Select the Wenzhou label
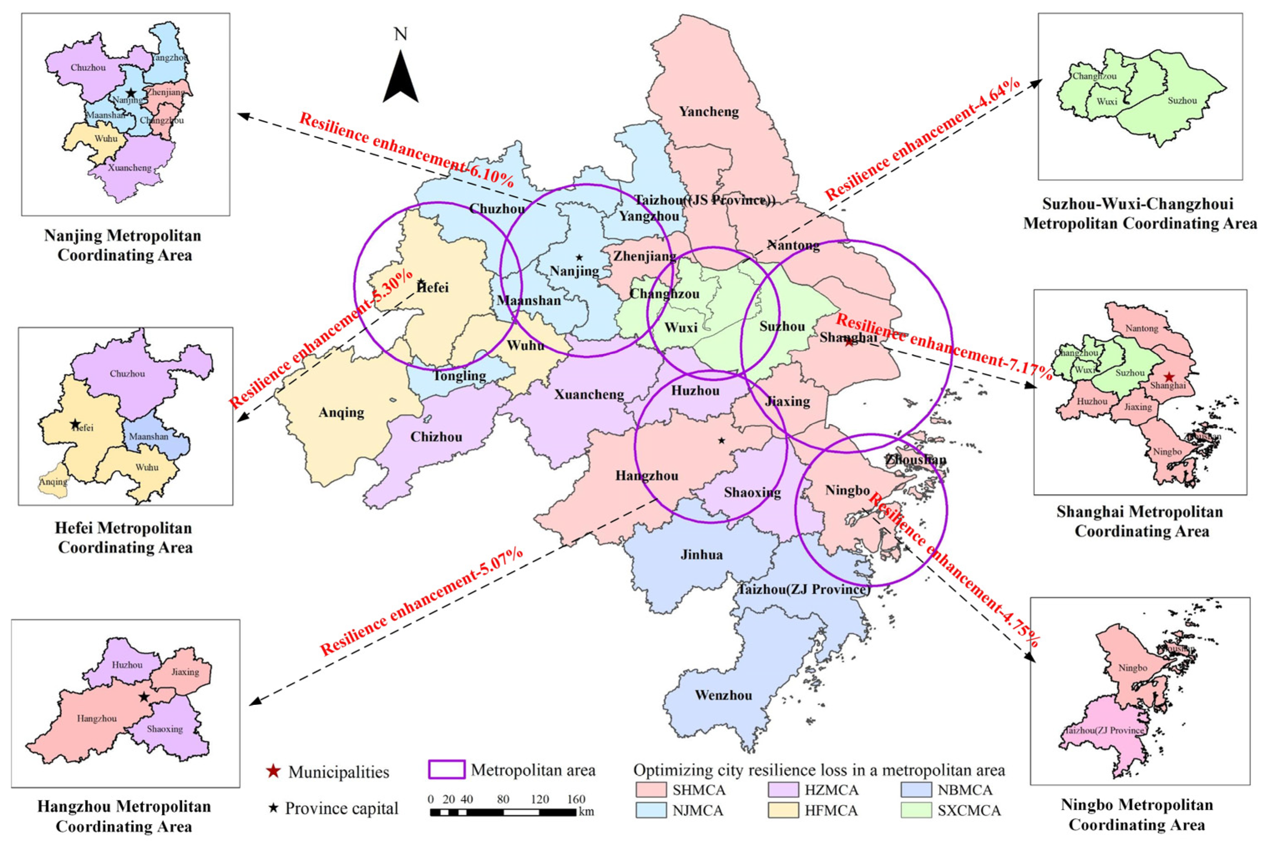coord(723,695)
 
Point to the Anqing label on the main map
coord(341,413)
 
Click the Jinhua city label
coord(701,555)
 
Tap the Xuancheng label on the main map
coord(589,395)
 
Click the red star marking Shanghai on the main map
coord(849,342)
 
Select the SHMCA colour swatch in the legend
coord(651,790)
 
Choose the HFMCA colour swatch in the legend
coord(783,811)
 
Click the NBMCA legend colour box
coord(916,790)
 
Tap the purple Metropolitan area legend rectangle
coord(447,770)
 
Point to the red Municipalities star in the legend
coord(274,772)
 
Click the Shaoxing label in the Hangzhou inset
coord(164,729)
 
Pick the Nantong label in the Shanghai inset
coord(1142,329)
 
